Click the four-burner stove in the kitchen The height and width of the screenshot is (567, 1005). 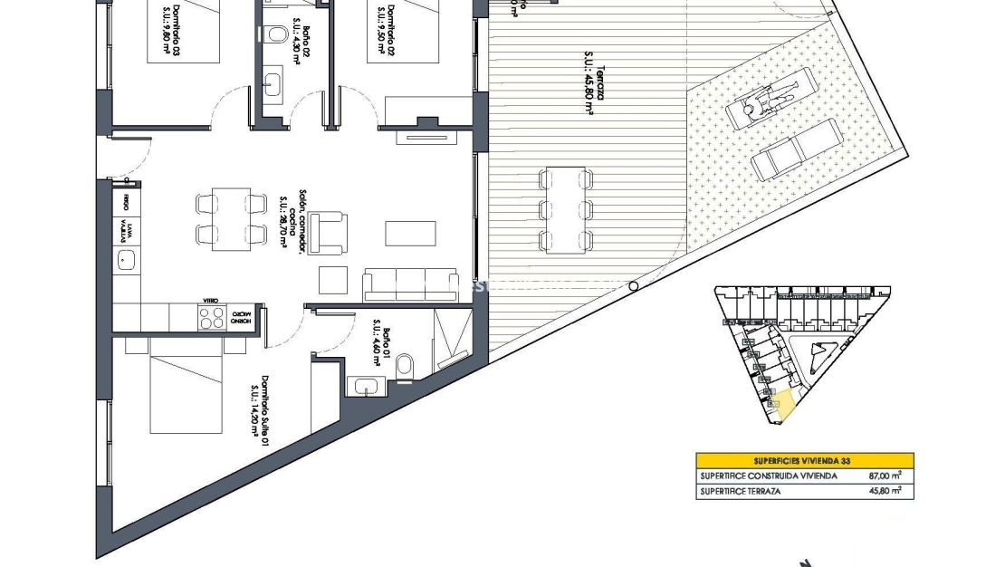click(x=212, y=317)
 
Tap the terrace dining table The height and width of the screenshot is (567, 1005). click(x=565, y=210)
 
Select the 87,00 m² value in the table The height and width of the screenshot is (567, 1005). click(x=885, y=476)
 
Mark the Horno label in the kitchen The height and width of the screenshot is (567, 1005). click(x=241, y=320)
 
